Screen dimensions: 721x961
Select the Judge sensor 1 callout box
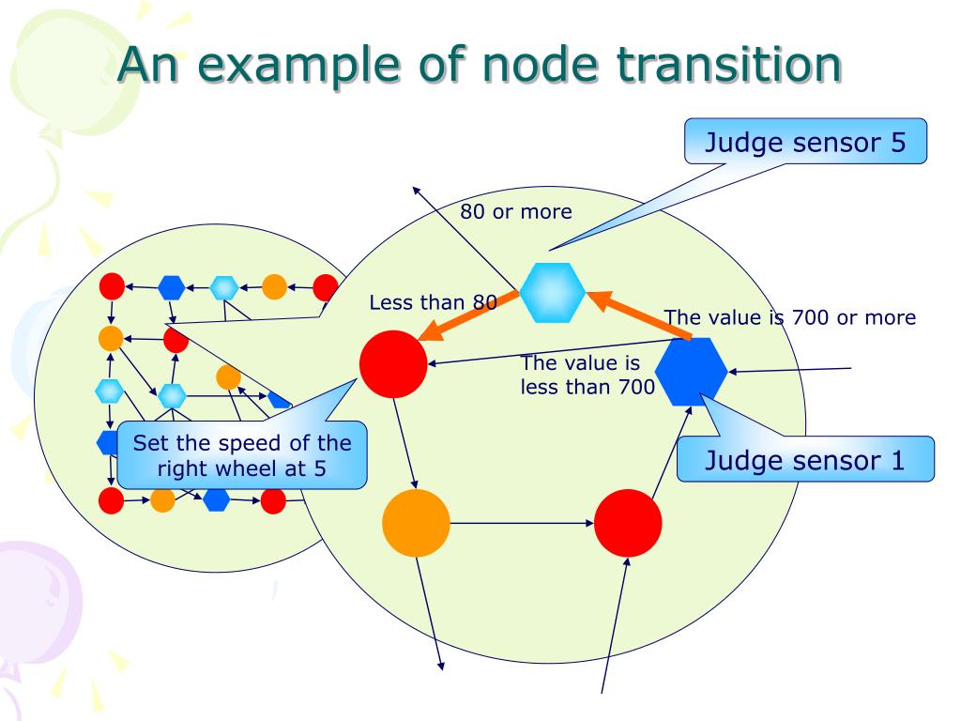pos(805,460)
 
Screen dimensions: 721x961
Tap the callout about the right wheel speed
pos(241,455)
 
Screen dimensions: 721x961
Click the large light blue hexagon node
pos(553,292)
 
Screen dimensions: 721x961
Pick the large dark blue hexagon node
pos(691,372)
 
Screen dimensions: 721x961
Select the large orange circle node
pos(416,521)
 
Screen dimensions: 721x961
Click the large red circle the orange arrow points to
pos(393,363)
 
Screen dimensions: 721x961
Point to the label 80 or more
pos(515,212)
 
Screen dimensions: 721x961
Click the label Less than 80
pos(433,302)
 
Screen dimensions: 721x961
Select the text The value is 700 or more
pos(789,317)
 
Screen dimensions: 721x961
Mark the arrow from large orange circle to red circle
pos(522,522)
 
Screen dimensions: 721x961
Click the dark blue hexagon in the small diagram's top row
pos(171,287)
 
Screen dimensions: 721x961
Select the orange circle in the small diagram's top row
pos(274,286)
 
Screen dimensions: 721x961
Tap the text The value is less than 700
pos(587,375)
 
